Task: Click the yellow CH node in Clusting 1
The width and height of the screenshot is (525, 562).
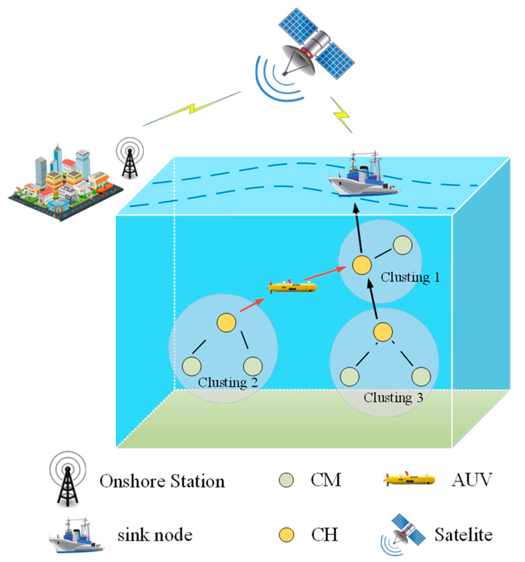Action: click(x=361, y=265)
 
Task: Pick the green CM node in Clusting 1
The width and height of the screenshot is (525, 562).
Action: click(x=402, y=245)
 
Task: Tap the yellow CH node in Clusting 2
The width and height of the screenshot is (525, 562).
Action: click(x=226, y=322)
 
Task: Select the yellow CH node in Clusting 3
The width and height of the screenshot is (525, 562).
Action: click(x=383, y=332)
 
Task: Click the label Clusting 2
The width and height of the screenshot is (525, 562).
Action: click(x=228, y=383)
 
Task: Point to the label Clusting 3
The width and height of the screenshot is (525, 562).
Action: click(x=393, y=397)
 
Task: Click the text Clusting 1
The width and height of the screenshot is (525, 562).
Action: click(x=410, y=278)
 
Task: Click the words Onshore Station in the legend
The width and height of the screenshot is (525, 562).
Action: click(x=162, y=481)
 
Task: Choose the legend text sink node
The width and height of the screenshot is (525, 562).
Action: click(x=155, y=535)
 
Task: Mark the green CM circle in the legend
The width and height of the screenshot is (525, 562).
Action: click(x=286, y=480)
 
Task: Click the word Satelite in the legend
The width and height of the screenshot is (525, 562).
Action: click(x=463, y=535)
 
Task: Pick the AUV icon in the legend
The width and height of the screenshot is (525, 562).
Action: click(x=409, y=479)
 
